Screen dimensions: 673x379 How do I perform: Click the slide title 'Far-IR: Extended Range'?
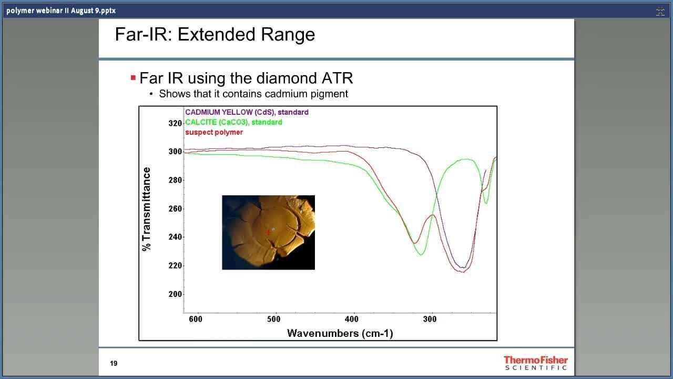pos(215,34)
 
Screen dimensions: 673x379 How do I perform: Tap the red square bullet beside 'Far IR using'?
pos(134,78)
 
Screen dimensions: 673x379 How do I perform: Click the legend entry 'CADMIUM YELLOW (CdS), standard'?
pos(247,112)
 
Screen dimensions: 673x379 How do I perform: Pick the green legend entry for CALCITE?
pos(234,122)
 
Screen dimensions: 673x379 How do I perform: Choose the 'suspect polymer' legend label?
pos(214,132)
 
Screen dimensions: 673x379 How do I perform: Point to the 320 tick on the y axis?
pos(175,123)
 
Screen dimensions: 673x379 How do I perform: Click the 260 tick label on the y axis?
pos(175,208)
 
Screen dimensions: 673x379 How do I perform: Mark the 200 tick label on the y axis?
pos(175,294)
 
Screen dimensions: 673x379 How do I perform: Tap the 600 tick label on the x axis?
pos(196,319)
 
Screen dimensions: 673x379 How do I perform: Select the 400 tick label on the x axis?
pos(352,319)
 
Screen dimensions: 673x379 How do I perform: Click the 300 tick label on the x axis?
pos(430,319)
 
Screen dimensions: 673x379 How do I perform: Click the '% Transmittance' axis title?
pos(146,209)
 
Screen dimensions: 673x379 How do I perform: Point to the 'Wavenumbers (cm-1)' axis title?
pos(340,333)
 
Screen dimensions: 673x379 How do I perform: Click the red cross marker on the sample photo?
pos(268,233)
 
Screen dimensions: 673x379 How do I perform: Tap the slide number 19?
pos(114,363)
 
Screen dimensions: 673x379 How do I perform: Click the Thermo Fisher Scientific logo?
pos(536,363)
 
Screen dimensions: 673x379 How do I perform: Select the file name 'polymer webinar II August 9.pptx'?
pos(61,11)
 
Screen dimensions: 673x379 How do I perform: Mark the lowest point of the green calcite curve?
pos(421,255)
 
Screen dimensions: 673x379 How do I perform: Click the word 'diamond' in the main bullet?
pos(287,78)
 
